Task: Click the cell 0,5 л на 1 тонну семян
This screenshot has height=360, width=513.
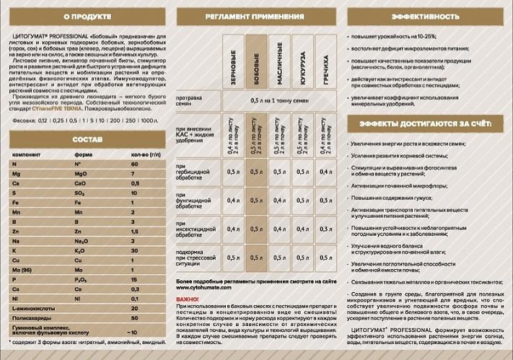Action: click(x=279, y=100)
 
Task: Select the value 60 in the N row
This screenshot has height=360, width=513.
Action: click(x=134, y=164)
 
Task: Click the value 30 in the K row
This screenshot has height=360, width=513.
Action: click(x=134, y=249)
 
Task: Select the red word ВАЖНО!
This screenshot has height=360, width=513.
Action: click(x=188, y=297)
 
